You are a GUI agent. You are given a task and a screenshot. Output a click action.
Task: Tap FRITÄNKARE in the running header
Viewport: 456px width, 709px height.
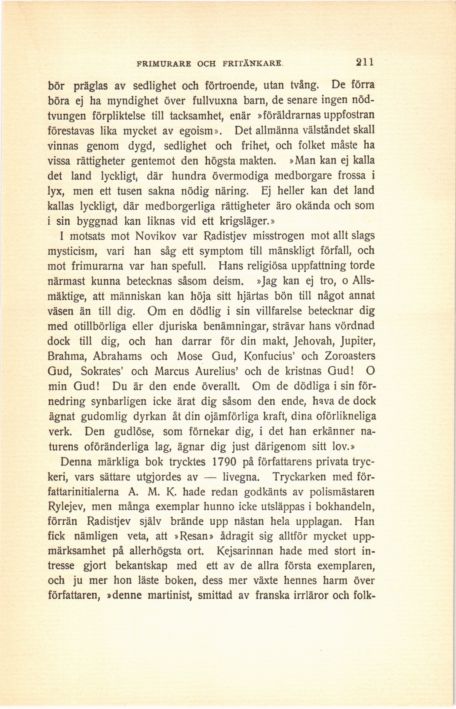point(255,64)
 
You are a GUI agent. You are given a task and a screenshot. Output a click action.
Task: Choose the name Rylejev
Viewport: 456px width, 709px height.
point(67,507)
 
